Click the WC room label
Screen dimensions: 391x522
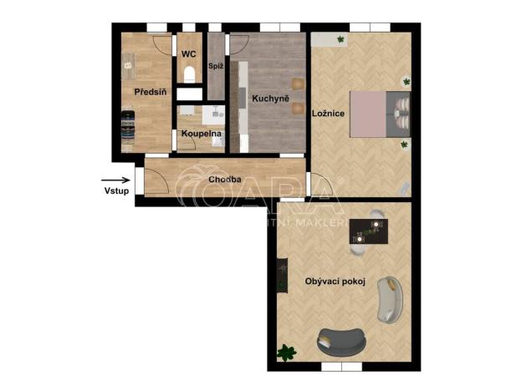(x=188, y=54)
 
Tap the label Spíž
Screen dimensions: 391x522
(x=215, y=65)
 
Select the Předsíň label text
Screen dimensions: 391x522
(x=151, y=91)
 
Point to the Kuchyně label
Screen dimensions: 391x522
(x=270, y=99)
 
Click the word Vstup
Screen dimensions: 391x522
(x=116, y=190)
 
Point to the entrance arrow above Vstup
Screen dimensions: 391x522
(x=115, y=179)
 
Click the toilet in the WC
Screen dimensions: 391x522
(x=189, y=74)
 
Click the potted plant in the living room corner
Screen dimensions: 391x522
(x=288, y=353)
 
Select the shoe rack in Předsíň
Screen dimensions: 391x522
(x=128, y=129)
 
